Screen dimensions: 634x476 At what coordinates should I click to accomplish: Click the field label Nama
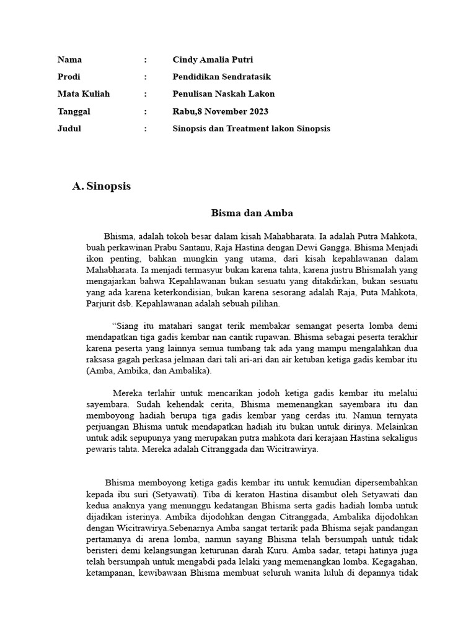coord(69,60)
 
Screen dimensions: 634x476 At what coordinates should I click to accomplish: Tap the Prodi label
coord(69,77)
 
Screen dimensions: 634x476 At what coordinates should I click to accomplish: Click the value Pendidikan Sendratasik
coord(221,77)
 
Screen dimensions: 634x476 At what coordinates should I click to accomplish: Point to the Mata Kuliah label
coord(83,94)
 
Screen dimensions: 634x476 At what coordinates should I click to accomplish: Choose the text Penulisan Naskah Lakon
coord(223,94)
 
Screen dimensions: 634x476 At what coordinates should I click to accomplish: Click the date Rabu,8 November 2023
coord(220,111)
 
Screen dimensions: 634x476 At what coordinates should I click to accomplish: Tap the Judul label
coord(69,129)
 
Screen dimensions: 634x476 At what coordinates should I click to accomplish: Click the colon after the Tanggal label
coord(146,111)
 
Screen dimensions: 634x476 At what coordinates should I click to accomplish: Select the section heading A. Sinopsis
coord(102,186)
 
